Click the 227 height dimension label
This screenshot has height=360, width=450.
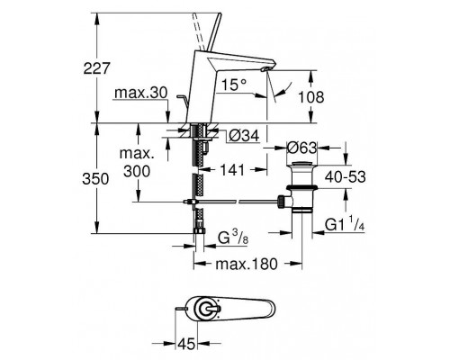coord(97,68)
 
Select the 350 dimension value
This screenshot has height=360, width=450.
coord(95,179)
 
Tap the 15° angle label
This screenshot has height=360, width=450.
coord(234,85)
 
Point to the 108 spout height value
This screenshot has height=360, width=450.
coord(311,97)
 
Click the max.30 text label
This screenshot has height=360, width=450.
coord(140,93)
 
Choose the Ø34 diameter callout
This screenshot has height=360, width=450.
coord(244,137)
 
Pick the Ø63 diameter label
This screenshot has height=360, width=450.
coord(301,148)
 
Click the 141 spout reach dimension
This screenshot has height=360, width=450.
coord(232,170)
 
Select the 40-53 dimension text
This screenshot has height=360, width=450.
coord(346,177)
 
